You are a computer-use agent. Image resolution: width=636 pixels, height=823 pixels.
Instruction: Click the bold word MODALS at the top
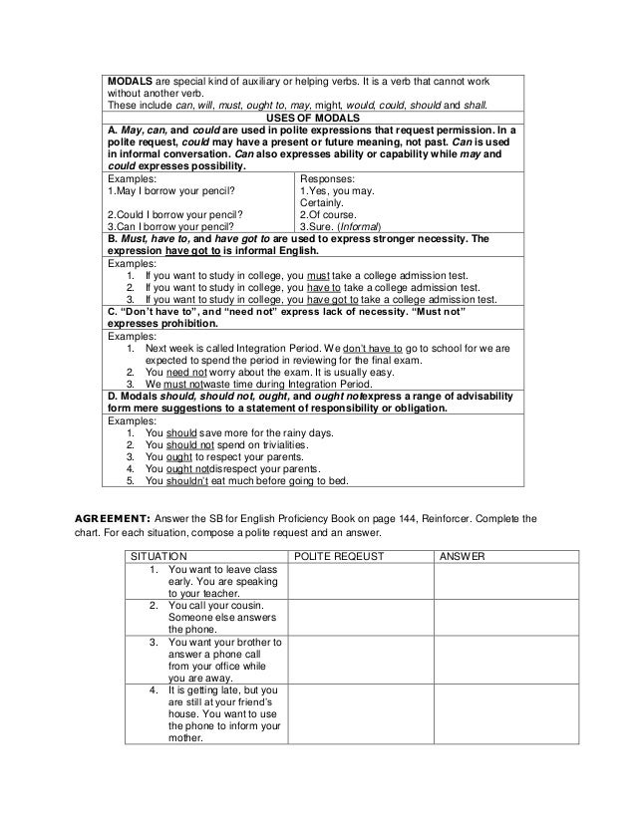click(x=131, y=79)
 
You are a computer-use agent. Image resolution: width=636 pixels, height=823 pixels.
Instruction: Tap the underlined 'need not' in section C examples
click(x=186, y=372)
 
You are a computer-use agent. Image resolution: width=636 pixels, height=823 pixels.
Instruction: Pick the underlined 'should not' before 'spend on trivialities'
click(x=194, y=444)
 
